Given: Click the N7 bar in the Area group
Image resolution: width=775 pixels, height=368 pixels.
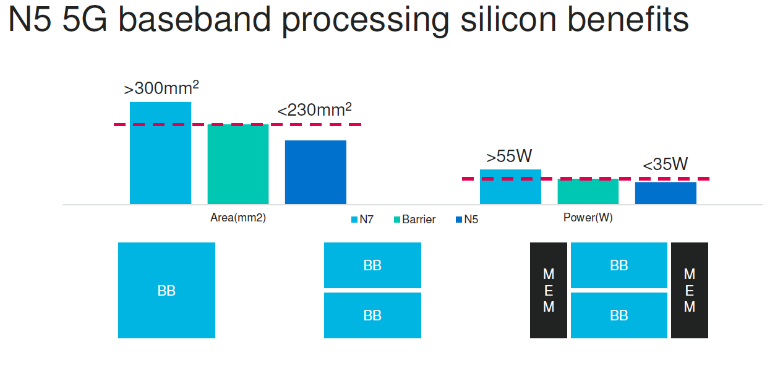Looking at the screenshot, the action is point(161,153).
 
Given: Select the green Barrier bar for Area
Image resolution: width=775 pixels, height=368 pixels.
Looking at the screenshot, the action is point(238,165).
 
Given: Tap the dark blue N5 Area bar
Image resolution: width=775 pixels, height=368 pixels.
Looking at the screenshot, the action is point(315,172).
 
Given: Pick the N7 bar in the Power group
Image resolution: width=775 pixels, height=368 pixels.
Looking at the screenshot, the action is point(510,187).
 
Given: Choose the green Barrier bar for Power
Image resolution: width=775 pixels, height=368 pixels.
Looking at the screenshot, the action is point(588,192).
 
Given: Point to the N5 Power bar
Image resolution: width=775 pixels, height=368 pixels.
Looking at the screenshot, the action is point(666,193).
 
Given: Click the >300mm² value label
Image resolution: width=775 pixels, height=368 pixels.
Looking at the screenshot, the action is point(161,87).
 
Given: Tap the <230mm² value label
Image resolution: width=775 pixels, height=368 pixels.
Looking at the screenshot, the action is point(314,109).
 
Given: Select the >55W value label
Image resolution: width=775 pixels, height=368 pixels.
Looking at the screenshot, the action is point(509,156).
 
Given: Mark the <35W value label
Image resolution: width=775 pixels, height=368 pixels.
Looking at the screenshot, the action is point(666,164).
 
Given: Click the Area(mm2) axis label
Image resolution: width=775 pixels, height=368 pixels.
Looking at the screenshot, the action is point(238,218).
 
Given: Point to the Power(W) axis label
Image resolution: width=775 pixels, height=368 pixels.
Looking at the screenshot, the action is point(588,218).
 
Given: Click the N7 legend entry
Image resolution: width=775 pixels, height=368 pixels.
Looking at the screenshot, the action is point(362,220).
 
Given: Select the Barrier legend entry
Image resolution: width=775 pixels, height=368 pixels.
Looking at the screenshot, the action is point(414,220).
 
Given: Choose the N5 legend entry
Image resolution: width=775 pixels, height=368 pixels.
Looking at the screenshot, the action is point(467,220).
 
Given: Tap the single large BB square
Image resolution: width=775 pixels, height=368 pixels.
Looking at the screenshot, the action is point(166,290).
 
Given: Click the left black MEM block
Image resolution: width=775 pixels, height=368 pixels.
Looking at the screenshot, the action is point(549,290).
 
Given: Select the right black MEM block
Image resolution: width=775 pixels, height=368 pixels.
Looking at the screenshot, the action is point(690,290).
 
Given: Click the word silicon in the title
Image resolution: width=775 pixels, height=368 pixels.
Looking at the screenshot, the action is point(508,19).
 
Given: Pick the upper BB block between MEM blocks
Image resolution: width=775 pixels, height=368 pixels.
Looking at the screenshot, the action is point(619,265).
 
